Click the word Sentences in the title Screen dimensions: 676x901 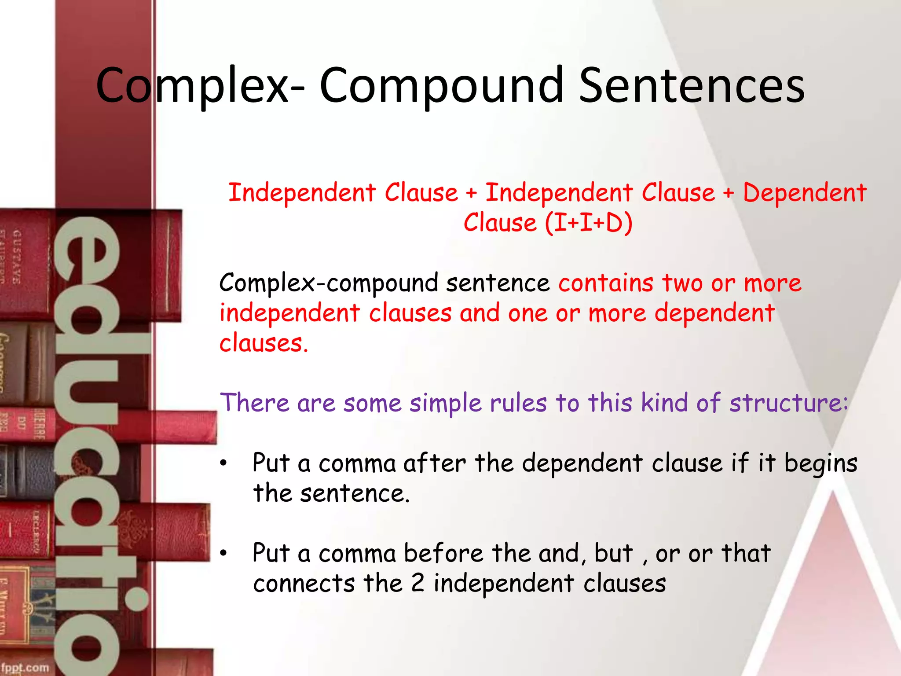[x=692, y=85]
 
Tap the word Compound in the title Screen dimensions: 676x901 [x=441, y=85]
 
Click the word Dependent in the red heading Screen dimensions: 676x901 [x=805, y=193]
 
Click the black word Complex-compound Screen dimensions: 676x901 [x=329, y=283]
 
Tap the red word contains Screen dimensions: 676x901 [x=606, y=283]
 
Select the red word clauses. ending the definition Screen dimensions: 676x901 [x=264, y=343]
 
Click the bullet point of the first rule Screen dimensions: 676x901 [x=224, y=463]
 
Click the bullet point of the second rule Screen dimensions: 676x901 [x=224, y=554]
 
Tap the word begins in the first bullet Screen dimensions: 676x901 [x=820, y=464]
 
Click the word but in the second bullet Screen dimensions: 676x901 [x=613, y=554]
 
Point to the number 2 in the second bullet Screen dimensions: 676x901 [x=418, y=584]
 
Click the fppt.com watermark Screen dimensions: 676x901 [x=25, y=668]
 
